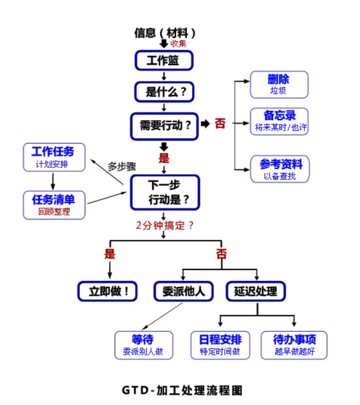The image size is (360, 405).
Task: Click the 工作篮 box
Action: (163, 60)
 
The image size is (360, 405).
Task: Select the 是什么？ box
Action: (163, 92)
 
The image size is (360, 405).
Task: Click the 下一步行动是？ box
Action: (164, 192)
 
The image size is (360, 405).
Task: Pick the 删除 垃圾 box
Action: (278, 84)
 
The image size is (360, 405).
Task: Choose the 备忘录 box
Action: (279, 121)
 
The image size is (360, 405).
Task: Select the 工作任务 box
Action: (54, 157)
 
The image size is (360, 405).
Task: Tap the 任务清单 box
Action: (54, 204)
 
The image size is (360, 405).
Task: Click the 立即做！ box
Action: (107, 291)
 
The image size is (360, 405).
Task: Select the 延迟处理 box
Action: (255, 291)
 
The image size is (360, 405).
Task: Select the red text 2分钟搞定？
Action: (164, 225)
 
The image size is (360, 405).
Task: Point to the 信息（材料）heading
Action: (164, 32)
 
